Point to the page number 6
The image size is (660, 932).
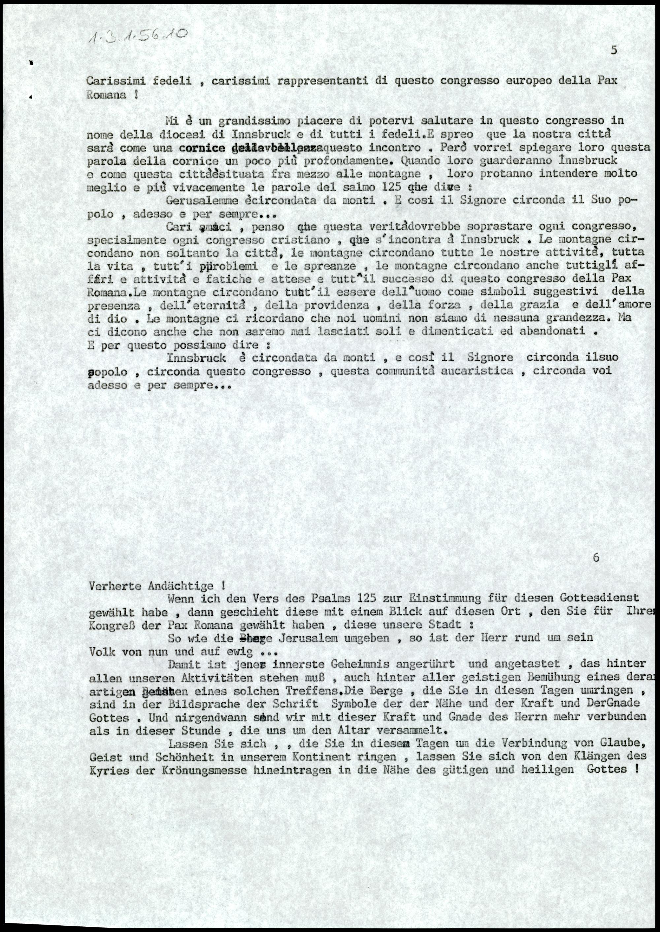(596, 557)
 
